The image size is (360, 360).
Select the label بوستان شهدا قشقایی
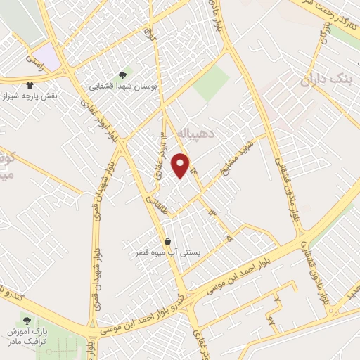pos(124,87)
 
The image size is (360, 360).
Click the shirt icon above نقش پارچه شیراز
pos(28,83)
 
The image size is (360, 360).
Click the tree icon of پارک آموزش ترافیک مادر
pos(27,321)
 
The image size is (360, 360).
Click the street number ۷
pos(278,301)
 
